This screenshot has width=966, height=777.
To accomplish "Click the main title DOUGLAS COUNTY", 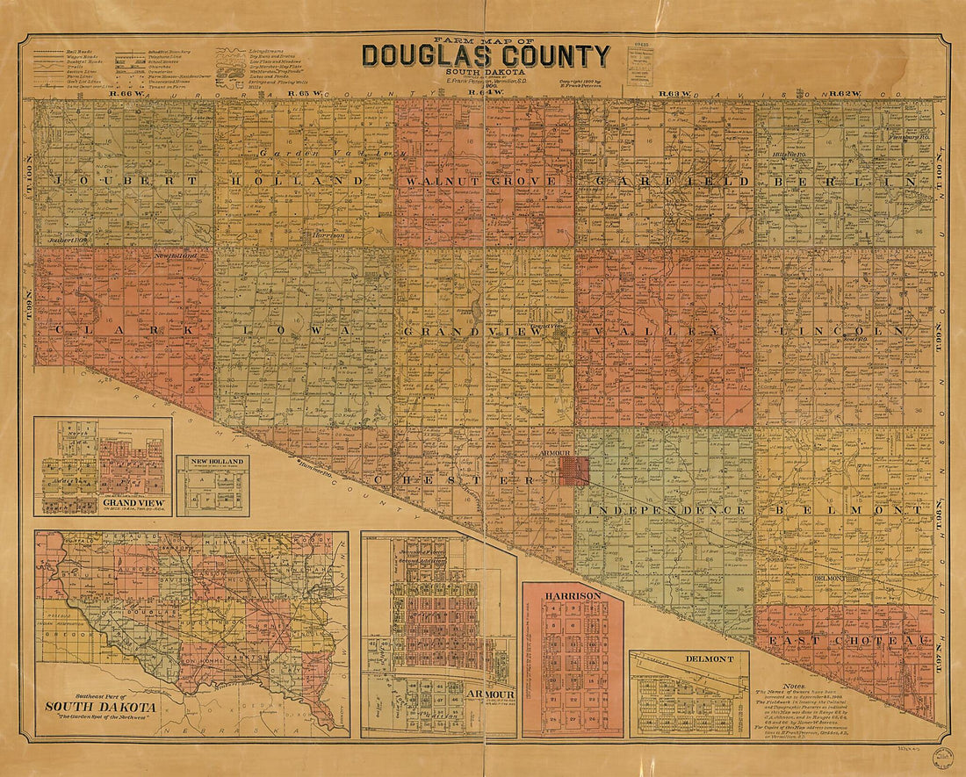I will point(486,56).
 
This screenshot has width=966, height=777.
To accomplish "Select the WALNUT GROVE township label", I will point(481,182).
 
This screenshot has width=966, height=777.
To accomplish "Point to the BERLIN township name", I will point(846,182).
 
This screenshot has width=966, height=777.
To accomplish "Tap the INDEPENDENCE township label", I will point(667,510).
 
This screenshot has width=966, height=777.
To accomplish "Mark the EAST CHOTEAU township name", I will point(850,641).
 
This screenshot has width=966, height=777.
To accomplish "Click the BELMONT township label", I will point(848,509).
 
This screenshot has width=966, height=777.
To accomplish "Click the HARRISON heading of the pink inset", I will point(573,595).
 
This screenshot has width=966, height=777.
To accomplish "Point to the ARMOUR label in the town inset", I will point(489,694).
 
